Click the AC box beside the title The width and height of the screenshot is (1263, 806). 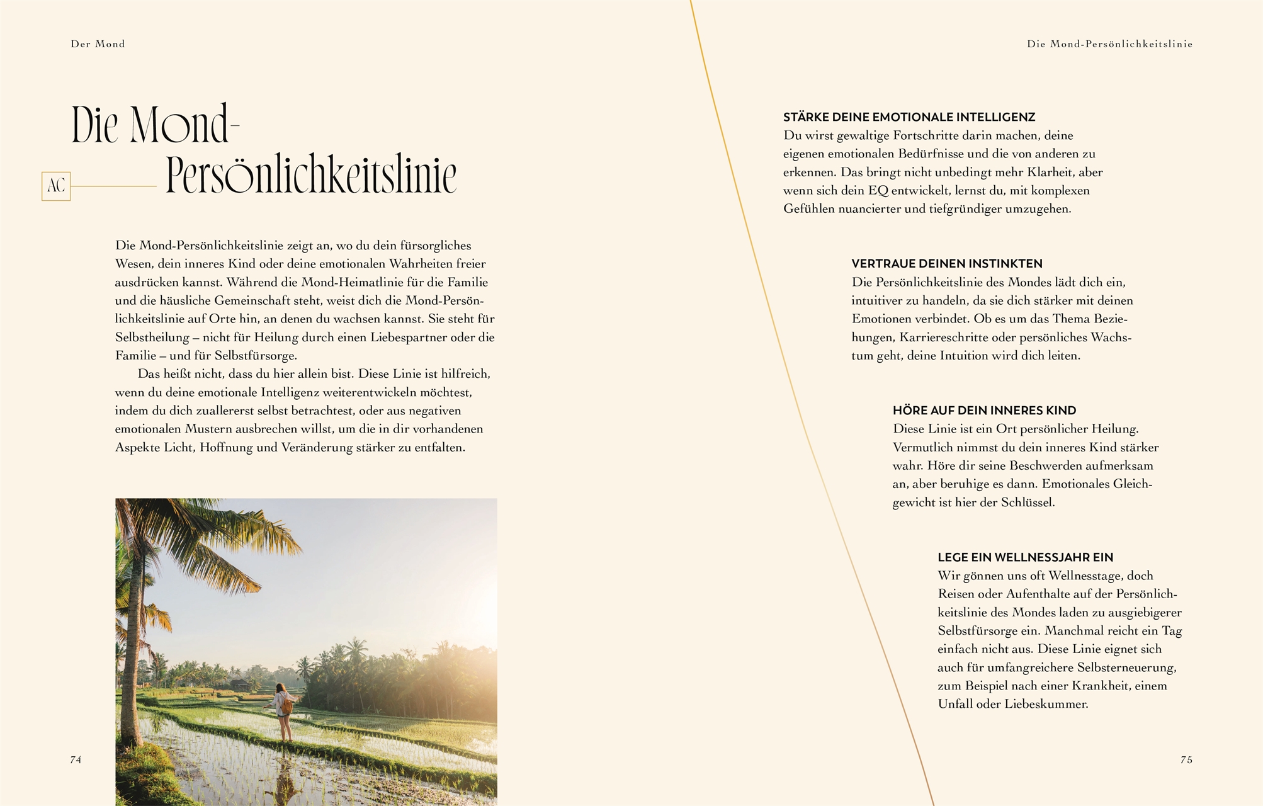point(56,186)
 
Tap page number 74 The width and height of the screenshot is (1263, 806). point(76,759)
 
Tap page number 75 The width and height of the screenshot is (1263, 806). point(1186,759)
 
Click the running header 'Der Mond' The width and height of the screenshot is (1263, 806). point(98,44)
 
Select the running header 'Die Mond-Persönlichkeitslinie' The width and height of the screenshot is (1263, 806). point(1109,44)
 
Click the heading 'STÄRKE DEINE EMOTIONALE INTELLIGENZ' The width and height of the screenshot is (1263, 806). point(909,117)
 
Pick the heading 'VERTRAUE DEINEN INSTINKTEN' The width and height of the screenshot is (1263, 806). point(947,264)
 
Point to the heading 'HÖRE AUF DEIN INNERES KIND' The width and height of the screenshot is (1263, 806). point(984,411)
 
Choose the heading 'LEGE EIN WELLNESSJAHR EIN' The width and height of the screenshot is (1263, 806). point(1025,557)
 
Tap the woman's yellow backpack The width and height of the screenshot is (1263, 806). point(286,705)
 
